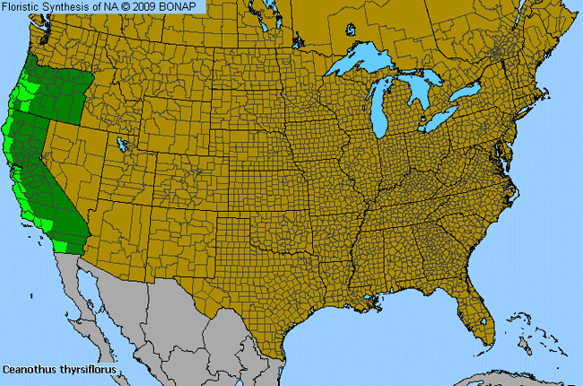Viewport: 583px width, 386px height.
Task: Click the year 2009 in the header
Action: (149, 7)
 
